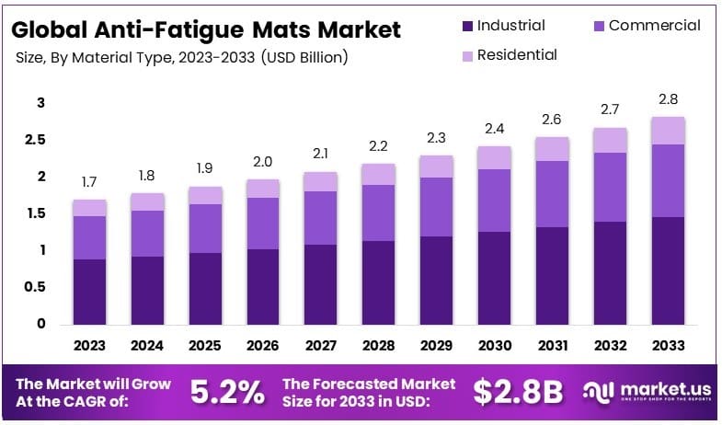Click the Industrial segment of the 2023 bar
tap(90, 292)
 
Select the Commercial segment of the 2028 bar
tap(378, 212)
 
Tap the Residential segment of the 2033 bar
tap(668, 131)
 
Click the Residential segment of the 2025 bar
tap(206, 195)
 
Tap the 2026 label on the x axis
tap(263, 346)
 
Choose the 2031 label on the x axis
tap(551, 346)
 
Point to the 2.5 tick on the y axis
tap(35, 140)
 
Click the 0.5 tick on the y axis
tap(35, 287)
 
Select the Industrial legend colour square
tap(467, 26)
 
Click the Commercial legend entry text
tap(654, 26)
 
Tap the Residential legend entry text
tap(516, 55)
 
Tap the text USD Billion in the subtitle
tap(304, 57)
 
